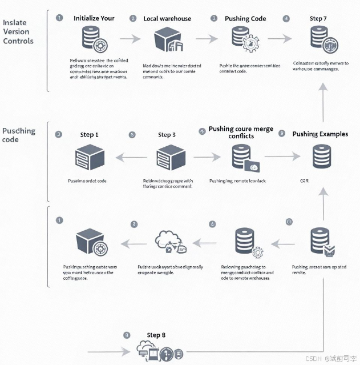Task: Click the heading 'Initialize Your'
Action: click(94, 18)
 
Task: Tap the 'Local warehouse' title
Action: click(168, 18)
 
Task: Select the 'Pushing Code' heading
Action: click(245, 18)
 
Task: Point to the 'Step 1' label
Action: click(90, 135)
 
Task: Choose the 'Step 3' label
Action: click(167, 135)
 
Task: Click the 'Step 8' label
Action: click(156, 335)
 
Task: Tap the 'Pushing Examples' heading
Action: click(320, 134)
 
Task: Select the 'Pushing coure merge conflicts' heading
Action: click(241, 133)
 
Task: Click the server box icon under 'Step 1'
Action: click(90, 157)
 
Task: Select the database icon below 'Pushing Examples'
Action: click(322, 156)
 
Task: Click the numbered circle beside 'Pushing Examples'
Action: click(281, 133)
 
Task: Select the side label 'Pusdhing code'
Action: click(19, 135)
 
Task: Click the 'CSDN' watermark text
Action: click(314, 359)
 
